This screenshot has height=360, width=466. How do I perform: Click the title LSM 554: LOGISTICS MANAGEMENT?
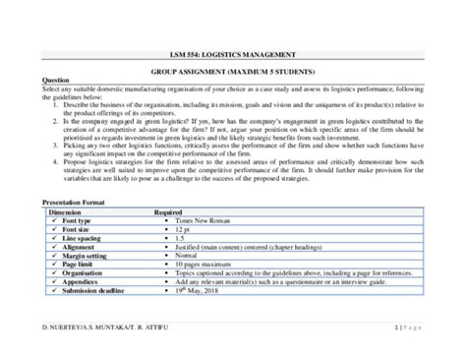tap(232, 57)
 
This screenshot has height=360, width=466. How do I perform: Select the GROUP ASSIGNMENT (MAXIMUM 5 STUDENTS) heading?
tap(232, 73)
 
